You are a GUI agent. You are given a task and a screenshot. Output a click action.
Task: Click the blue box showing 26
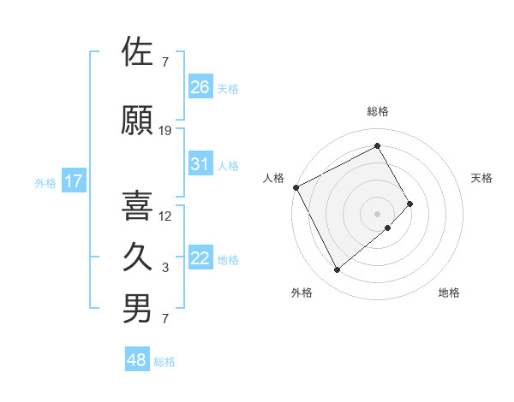click(200, 87)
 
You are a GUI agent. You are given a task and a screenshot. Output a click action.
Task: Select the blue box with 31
click(200, 165)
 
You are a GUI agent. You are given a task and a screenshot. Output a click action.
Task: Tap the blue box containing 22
click(200, 259)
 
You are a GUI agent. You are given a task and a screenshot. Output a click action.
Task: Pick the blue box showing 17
click(74, 181)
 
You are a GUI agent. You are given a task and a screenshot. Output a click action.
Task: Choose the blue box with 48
click(137, 361)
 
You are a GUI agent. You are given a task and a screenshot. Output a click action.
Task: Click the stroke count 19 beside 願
click(165, 131)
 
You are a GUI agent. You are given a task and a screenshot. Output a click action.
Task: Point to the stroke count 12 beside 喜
click(165, 216)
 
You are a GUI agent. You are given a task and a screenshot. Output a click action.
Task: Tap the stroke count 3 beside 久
click(165, 268)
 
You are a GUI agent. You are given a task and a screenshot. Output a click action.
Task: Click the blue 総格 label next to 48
click(164, 362)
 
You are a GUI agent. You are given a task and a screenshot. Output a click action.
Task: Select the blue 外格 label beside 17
click(45, 182)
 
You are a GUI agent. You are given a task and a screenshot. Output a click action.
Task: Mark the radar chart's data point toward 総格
click(377, 145)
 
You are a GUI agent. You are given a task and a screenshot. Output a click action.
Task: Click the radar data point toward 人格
click(296, 187)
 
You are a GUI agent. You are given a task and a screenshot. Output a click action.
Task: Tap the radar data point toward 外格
click(337, 270)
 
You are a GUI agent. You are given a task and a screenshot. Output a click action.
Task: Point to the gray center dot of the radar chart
click(377, 212)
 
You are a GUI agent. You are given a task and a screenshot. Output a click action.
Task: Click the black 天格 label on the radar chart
click(482, 178)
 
